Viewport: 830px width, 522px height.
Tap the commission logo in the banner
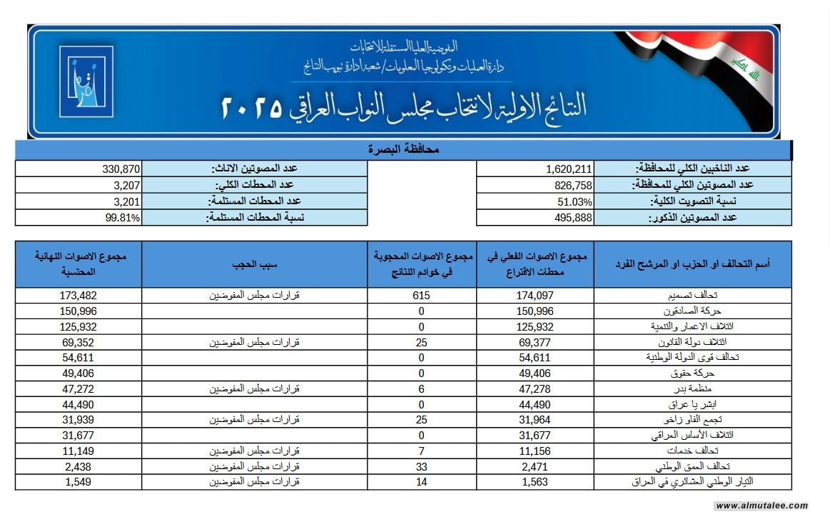[x=86, y=81]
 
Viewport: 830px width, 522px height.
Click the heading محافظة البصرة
[x=403, y=150]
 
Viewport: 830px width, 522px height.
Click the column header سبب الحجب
[x=255, y=264]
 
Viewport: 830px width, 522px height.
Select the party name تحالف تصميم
[x=667, y=296]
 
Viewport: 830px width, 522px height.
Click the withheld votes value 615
[x=422, y=296]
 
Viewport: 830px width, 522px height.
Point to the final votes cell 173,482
[x=79, y=296]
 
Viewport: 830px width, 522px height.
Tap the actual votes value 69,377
[x=535, y=342]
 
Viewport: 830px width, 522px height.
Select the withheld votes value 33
[x=422, y=466]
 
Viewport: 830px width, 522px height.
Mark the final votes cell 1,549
[x=79, y=482]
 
